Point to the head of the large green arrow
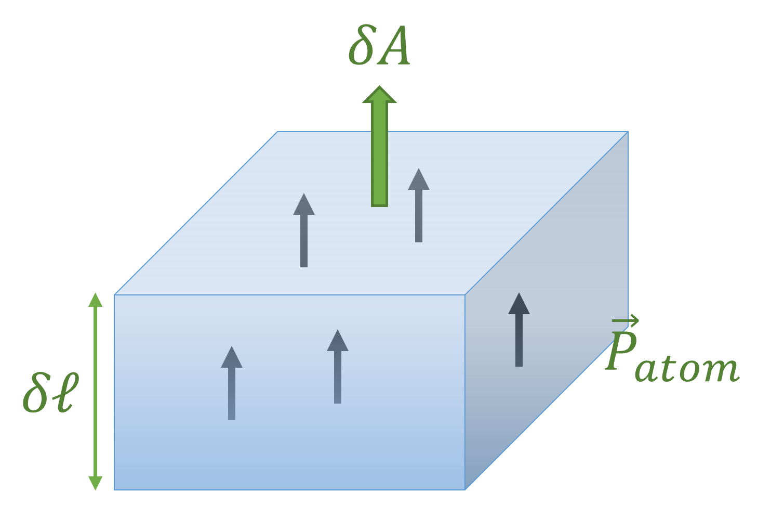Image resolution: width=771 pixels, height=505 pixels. point(380,95)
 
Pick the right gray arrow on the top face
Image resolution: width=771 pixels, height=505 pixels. point(419,205)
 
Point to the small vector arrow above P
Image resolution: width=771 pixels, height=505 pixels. point(625,320)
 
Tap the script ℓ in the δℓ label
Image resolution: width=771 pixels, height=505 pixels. point(65,391)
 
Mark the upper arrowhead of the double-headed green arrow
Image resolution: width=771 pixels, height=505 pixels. point(95,300)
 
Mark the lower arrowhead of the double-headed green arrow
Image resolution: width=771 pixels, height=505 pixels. point(95,483)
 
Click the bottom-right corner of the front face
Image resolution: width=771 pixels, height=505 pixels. point(464,489)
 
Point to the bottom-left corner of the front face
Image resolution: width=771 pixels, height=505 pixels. point(115,489)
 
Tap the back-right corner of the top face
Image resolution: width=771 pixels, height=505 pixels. point(628,132)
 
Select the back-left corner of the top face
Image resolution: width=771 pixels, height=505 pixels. point(277,132)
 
